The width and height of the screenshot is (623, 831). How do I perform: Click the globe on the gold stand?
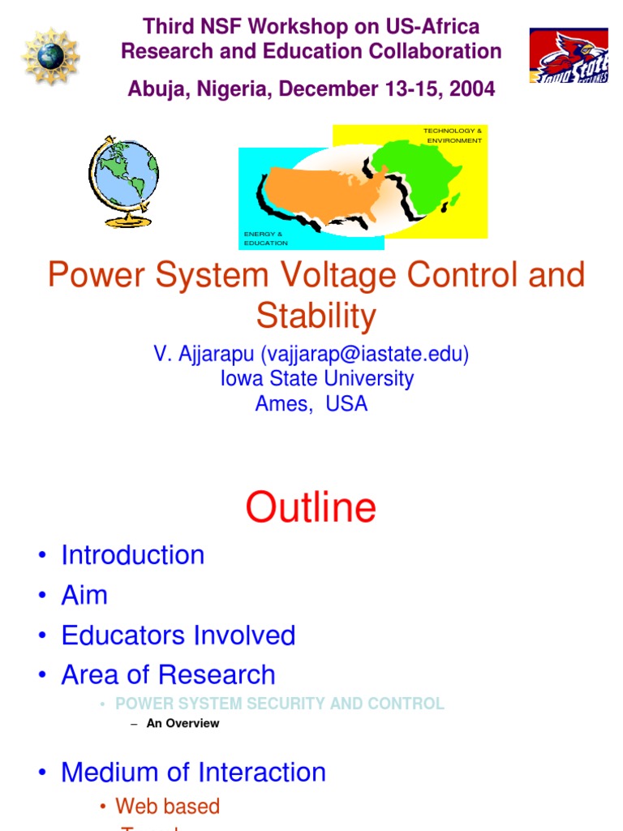pyautogui.click(x=122, y=179)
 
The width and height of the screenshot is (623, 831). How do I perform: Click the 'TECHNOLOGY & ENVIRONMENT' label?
pyautogui.click(x=453, y=136)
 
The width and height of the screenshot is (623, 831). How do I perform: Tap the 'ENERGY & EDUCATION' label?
pyautogui.click(x=265, y=238)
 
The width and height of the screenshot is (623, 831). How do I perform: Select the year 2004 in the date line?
pyautogui.click(x=470, y=89)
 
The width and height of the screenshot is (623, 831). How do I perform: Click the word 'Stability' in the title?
pyautogui.click(x=316, y=316)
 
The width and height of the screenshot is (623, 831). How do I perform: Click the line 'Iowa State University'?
pyautogui.click(x=316, y=379)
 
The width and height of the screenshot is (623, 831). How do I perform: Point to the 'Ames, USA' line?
pyautogui.click(x=311, y=403)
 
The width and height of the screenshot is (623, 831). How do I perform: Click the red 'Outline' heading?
pyautogui.click(x=311, y=507)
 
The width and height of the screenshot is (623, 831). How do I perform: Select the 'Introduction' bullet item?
pyautogui.click(x=133, y=555)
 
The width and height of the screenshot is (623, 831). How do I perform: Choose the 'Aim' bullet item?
pyautogui.click(x=84, y=595)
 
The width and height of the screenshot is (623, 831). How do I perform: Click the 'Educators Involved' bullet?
pyautogui.click(x=178, y=635)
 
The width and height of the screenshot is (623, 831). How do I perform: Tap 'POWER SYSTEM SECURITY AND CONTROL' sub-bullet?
pyautogui.click(x=280, y=704)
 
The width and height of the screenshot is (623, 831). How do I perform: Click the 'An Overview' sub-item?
pyautogui.click(x=183, y=723)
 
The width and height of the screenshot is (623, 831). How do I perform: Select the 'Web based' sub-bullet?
pyautogui.click(x=167, y=806)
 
